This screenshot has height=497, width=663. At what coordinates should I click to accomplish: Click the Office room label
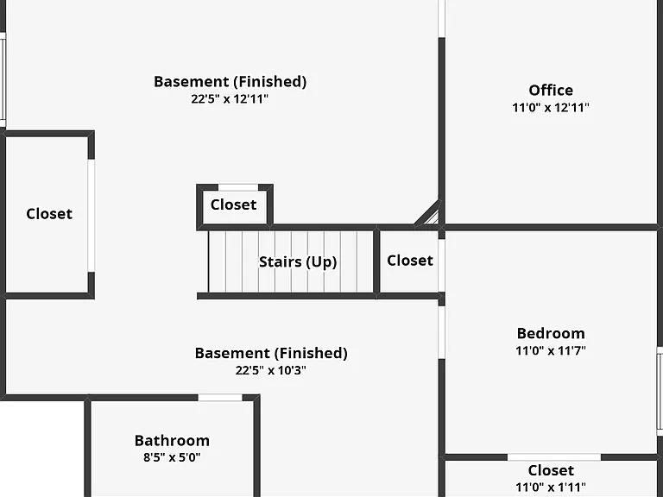point(551,90)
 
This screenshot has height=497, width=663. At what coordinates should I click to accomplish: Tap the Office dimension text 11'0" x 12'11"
point(551,107)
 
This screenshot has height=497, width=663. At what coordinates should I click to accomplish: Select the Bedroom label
point(551,333)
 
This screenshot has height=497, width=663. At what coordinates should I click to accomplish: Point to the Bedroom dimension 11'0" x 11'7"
point(551,350)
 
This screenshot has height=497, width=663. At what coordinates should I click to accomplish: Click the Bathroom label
point(172,440)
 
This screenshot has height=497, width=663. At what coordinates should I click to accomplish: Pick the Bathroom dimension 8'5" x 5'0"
point(172,457)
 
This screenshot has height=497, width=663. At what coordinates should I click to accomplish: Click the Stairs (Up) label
point(298,261)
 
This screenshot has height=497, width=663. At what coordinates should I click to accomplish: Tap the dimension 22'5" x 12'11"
point(230,99)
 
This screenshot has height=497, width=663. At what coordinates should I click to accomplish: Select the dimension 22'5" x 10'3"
point(270,370)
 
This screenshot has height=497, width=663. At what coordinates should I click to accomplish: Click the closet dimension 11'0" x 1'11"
point(551,488)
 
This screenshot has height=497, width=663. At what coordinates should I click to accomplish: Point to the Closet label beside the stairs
point(410,261)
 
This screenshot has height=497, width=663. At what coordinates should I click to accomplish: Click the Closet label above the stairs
point(233,204)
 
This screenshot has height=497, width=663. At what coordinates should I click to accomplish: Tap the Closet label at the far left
point(49,213)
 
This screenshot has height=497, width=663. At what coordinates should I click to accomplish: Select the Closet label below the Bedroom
point(551,470)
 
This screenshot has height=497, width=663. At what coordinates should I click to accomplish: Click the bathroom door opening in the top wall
point(220,398)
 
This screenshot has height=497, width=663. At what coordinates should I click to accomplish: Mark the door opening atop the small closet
point(238,187)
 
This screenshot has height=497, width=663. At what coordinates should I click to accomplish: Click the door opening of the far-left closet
point(91,216)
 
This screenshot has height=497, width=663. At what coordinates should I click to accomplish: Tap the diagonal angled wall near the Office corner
point(428,213)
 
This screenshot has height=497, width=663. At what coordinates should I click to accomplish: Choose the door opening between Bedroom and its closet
point(554,457)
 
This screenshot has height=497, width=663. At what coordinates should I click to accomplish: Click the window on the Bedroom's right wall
point(660,391)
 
